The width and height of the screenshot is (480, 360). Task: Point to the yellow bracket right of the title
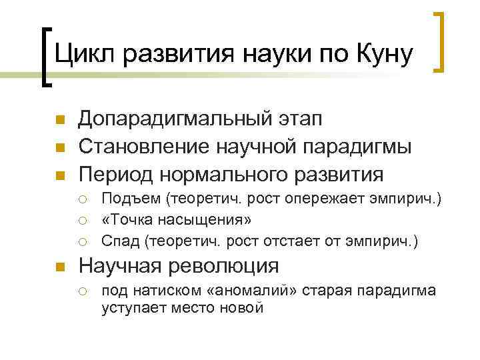[439, 41]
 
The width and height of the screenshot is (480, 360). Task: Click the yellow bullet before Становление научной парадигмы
[59, 148]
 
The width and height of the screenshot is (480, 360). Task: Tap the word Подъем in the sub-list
[131, 199]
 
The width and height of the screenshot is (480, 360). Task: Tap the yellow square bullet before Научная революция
[59, 267]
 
